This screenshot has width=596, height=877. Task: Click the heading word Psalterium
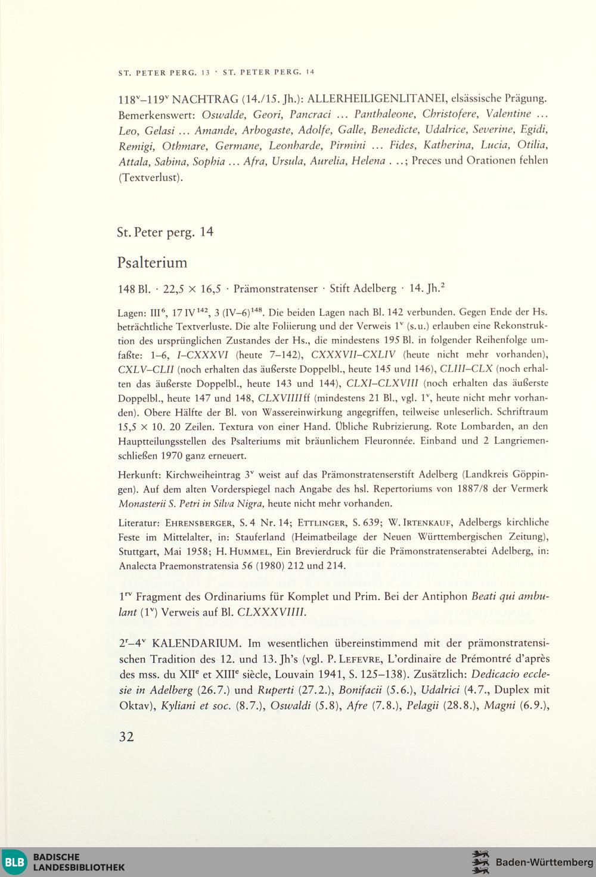(152, 263)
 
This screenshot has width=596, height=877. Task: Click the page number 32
(126, 736)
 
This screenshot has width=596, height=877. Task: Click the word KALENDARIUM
(196, 643)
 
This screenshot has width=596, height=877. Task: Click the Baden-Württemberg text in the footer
(544, 862)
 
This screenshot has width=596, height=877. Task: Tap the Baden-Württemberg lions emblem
(480, 862)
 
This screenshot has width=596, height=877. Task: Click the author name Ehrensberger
(198, 523)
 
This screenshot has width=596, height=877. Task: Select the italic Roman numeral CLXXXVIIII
(271, 612)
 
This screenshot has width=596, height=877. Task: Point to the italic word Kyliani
(181, 706)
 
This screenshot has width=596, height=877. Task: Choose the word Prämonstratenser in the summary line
(275, 289)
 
